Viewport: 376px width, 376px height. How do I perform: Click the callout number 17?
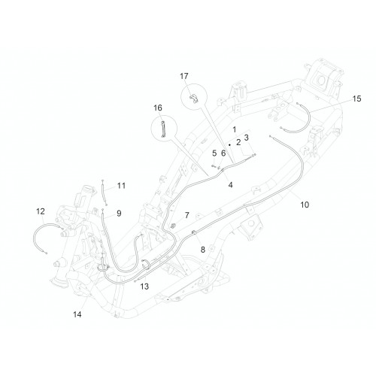pos(184,76)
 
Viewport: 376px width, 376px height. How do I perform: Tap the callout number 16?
pos(158,108)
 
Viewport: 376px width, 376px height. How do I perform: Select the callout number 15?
pos(356,99)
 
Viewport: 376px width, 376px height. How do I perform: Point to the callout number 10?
pos(305,205)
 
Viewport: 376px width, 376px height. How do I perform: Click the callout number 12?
pos(41,211)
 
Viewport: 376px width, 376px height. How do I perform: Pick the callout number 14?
pos(77,314)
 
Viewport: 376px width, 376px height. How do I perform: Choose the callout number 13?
pos(144,287)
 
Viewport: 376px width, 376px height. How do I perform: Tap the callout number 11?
pos(121,186)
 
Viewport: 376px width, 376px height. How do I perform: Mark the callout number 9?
pos(119,214)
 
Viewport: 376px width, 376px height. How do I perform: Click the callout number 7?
pos(187,215)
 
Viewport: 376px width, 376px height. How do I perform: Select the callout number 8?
pos(202,250)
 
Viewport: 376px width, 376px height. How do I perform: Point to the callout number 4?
pos(230,185)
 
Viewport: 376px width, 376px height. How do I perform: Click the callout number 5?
pos(214,153)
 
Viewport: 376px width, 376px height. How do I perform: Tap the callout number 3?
pos(247,138)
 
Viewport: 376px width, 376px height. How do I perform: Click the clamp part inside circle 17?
pos(194,99)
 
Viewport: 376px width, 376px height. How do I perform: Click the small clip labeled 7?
pos(172,226)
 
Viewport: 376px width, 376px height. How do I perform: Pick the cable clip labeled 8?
pos(194,232)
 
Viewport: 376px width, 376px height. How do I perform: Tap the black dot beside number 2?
pos(229,145)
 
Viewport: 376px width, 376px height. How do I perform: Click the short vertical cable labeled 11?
pos(105,193)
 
